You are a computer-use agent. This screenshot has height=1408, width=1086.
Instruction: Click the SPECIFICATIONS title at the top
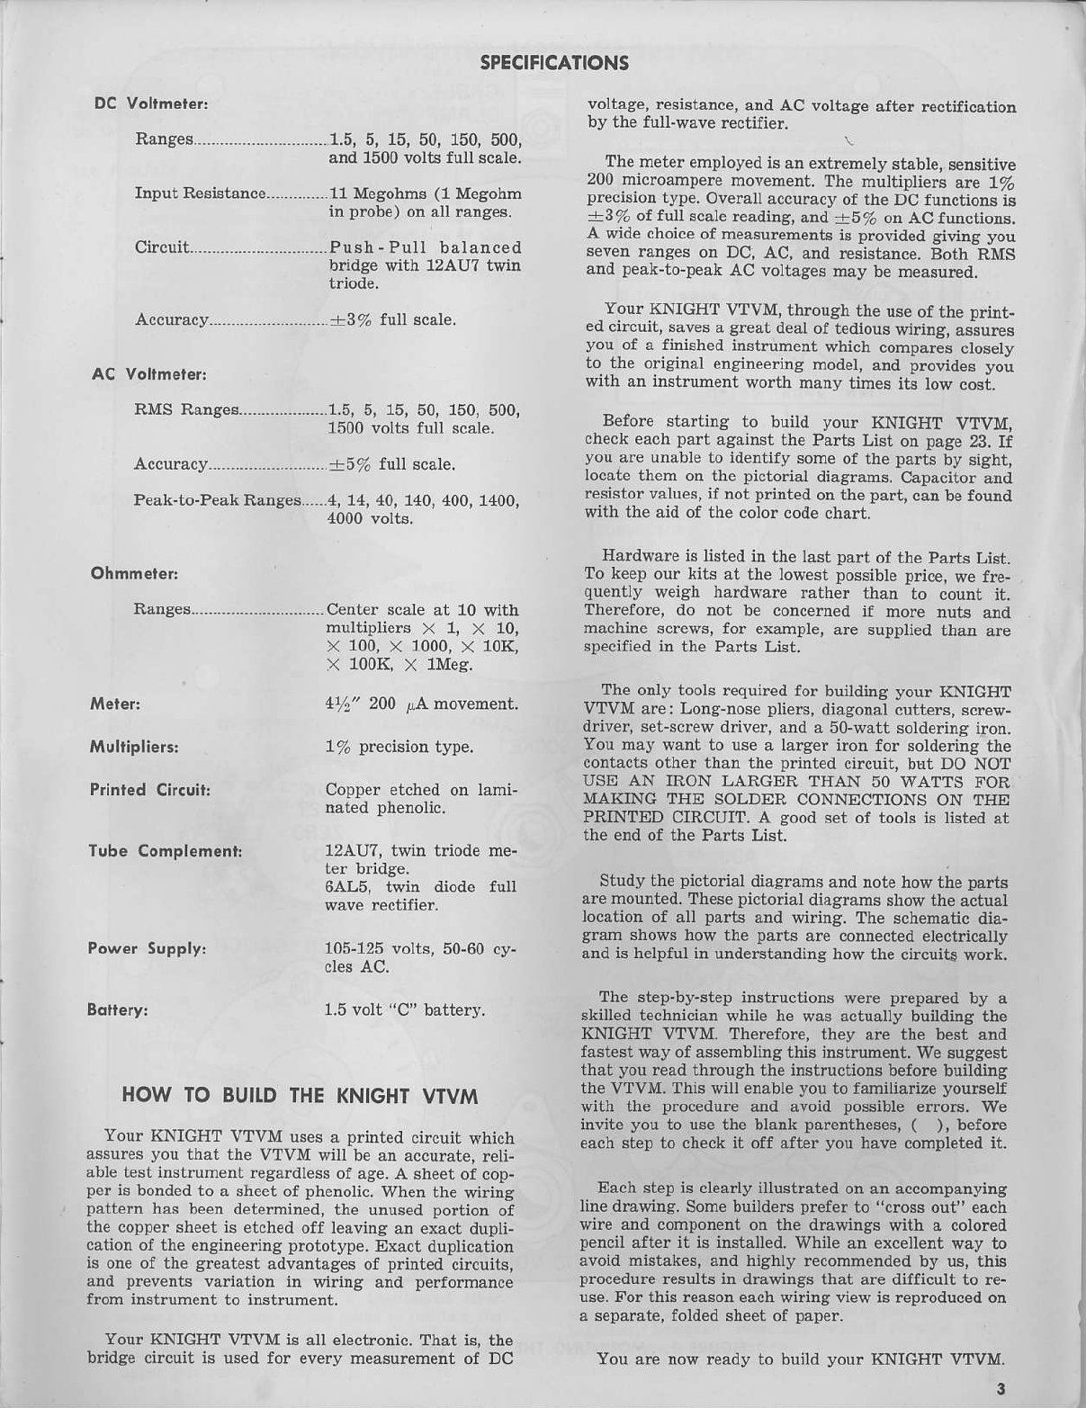point(554,62)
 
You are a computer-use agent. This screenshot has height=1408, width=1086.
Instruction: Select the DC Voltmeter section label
point(151,103)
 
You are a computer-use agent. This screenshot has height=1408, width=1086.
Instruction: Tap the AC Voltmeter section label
point(149,373)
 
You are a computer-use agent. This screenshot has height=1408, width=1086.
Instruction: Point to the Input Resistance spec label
point(200,193)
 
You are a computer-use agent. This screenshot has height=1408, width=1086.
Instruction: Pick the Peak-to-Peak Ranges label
point(216,500)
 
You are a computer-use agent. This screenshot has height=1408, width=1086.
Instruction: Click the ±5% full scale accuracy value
point(391,464)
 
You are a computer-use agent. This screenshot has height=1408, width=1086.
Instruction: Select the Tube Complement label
point(165,851)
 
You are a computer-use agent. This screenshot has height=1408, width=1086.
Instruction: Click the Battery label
point(117,1009)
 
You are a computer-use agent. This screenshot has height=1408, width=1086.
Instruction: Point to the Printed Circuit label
point(149,790)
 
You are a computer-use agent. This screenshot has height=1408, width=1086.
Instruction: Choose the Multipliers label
point(133,747)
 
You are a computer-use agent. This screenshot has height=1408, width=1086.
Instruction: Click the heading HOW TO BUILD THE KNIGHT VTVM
point(300,1096)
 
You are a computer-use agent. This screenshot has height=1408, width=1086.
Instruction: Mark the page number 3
point(1001,1388)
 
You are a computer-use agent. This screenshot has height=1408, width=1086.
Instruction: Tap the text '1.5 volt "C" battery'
point(404,1009)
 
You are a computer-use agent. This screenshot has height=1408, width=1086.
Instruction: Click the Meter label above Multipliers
point(114,704)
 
